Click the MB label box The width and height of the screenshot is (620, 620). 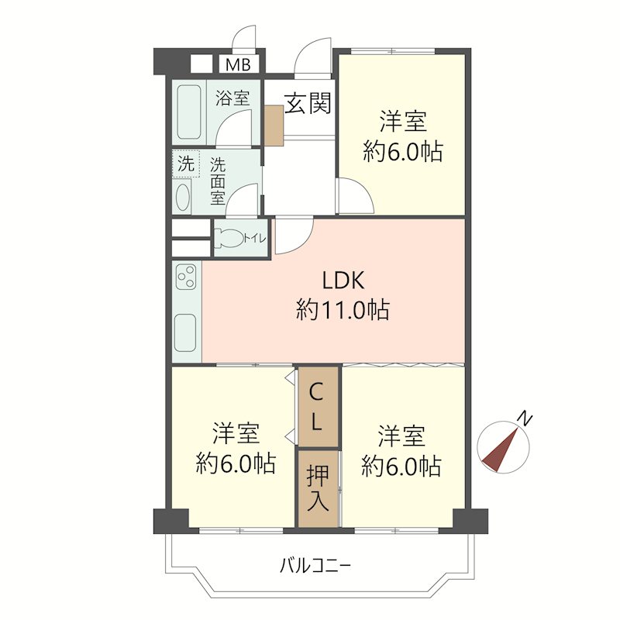pyautogui.click(x=237, y=64)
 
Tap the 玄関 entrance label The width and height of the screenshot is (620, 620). pyautogui.click(x=308, y=103)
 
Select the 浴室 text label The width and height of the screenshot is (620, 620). pyautogui.click(x=232, y=98)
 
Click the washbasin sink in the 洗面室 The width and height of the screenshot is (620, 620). pyautogui.click(x=184, y=197)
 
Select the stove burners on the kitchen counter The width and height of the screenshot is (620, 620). pyautogui.click(x=187, y=277)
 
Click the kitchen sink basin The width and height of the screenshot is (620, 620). pyautogui.click(x=187, y=332)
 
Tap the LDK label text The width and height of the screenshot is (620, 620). pyautogui.click(x=343, y=281)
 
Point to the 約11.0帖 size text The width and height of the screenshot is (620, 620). pyautogui.click(x=343, y=310)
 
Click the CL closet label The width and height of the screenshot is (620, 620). pyautogui.click(x=318, y=408)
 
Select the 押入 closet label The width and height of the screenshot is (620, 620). pyautogui.click(x=318, y=487)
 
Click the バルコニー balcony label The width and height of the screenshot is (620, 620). pyautogui.click(x=315, y=566)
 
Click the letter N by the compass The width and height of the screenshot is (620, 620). pyautogui.click(x=526, y=420)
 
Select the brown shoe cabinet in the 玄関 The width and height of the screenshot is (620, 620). pyautogui.click(x=274, y=125)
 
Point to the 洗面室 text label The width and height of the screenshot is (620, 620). pyautogui.click(x=218, y=180)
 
